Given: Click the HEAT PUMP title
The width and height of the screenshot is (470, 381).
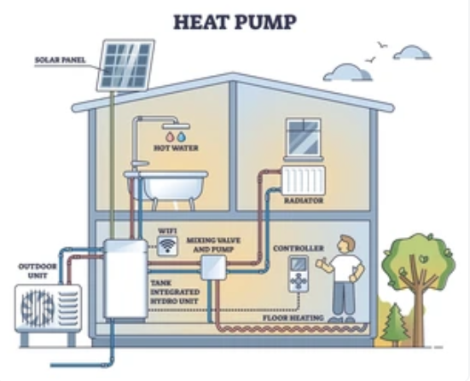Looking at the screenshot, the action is [x=235, y=22].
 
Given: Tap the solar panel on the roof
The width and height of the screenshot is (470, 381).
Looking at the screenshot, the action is [x=125, y=65].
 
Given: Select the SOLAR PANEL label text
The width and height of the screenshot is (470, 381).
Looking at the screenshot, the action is [x=61, y=60].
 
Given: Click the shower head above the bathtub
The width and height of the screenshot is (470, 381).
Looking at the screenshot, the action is [x=176, y=126].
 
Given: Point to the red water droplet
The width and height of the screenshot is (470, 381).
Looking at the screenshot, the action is [x=170, y=137].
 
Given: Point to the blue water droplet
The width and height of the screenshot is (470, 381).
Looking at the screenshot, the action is [x=181, y=137].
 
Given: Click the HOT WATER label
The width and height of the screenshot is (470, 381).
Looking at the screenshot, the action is [x=176, y=148].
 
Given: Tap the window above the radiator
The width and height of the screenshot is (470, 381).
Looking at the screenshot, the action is [x=304, y=138].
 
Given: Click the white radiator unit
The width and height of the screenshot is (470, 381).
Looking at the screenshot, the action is [x=304, y=181].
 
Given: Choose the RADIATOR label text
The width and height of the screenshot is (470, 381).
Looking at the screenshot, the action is [x=304, y=200].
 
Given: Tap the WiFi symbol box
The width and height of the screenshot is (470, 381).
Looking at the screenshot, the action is [x=167, y=246].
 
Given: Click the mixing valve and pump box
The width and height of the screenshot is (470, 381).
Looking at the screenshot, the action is [x=213, y=268].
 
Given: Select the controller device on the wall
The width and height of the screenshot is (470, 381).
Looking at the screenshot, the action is [x=299, y=274].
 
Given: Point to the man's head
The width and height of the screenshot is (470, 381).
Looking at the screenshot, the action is [x=346, y=244].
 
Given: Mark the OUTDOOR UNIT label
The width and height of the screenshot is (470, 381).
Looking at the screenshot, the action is [x=38, y=271].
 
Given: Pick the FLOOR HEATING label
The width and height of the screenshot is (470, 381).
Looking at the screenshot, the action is [x=293, y=318].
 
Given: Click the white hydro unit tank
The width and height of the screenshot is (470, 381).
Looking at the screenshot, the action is [x=126, y=280].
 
